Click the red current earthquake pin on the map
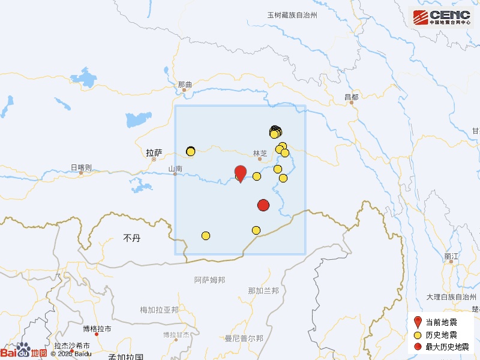coord(240,173)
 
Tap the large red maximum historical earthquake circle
coord(263,205)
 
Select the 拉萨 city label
coord(154,152)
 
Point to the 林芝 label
coord(260,153)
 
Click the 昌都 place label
coord(351,97)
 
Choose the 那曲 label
coord(185,85)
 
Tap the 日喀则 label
coord(81,167)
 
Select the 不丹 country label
coord(131,238)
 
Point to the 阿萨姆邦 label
coord(209,280)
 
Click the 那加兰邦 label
coord(263,291)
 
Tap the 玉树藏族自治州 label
coord(292,15)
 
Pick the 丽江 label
coord(451,256)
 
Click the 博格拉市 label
coord(97,329)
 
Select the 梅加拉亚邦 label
coord(159,310)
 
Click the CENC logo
coord(441,17)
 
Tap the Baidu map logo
coord(24,352)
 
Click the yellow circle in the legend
coord(418,335)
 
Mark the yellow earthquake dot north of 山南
coord(191,151)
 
